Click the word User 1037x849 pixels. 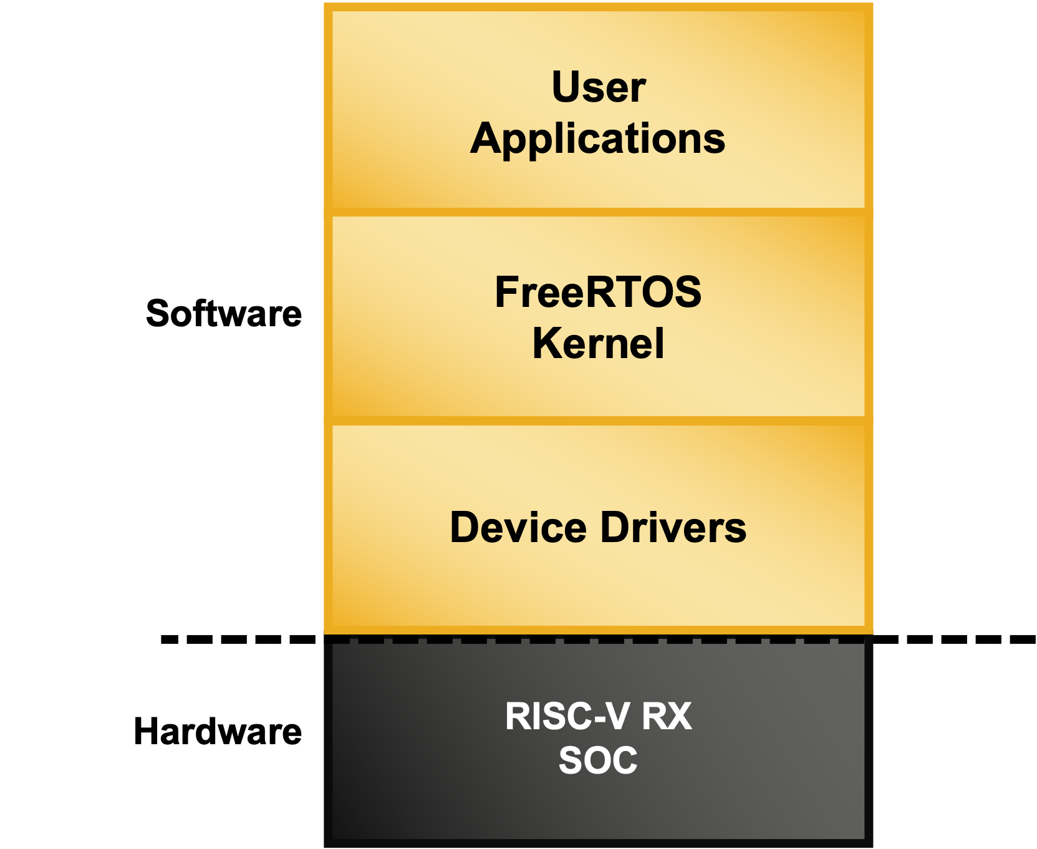tap(599, 87)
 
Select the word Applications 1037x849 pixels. tap(598, 138)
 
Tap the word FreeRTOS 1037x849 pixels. tap(598, 292)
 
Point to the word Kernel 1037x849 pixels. tap(598, 344)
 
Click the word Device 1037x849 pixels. tap(518, 528)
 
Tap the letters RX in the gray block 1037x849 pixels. tap(667, 716)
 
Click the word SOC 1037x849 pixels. tap(598, 760)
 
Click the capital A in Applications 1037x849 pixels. tap(487, 138)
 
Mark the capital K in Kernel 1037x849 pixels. tap(546, 344)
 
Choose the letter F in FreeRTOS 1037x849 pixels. tap(506, 292)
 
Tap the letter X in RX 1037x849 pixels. tap(679, 716)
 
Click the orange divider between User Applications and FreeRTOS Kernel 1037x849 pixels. tap(598, 212)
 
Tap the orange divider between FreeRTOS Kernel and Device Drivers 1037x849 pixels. tap(598, 421)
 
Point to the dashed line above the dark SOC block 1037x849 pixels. tap(598, 641)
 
